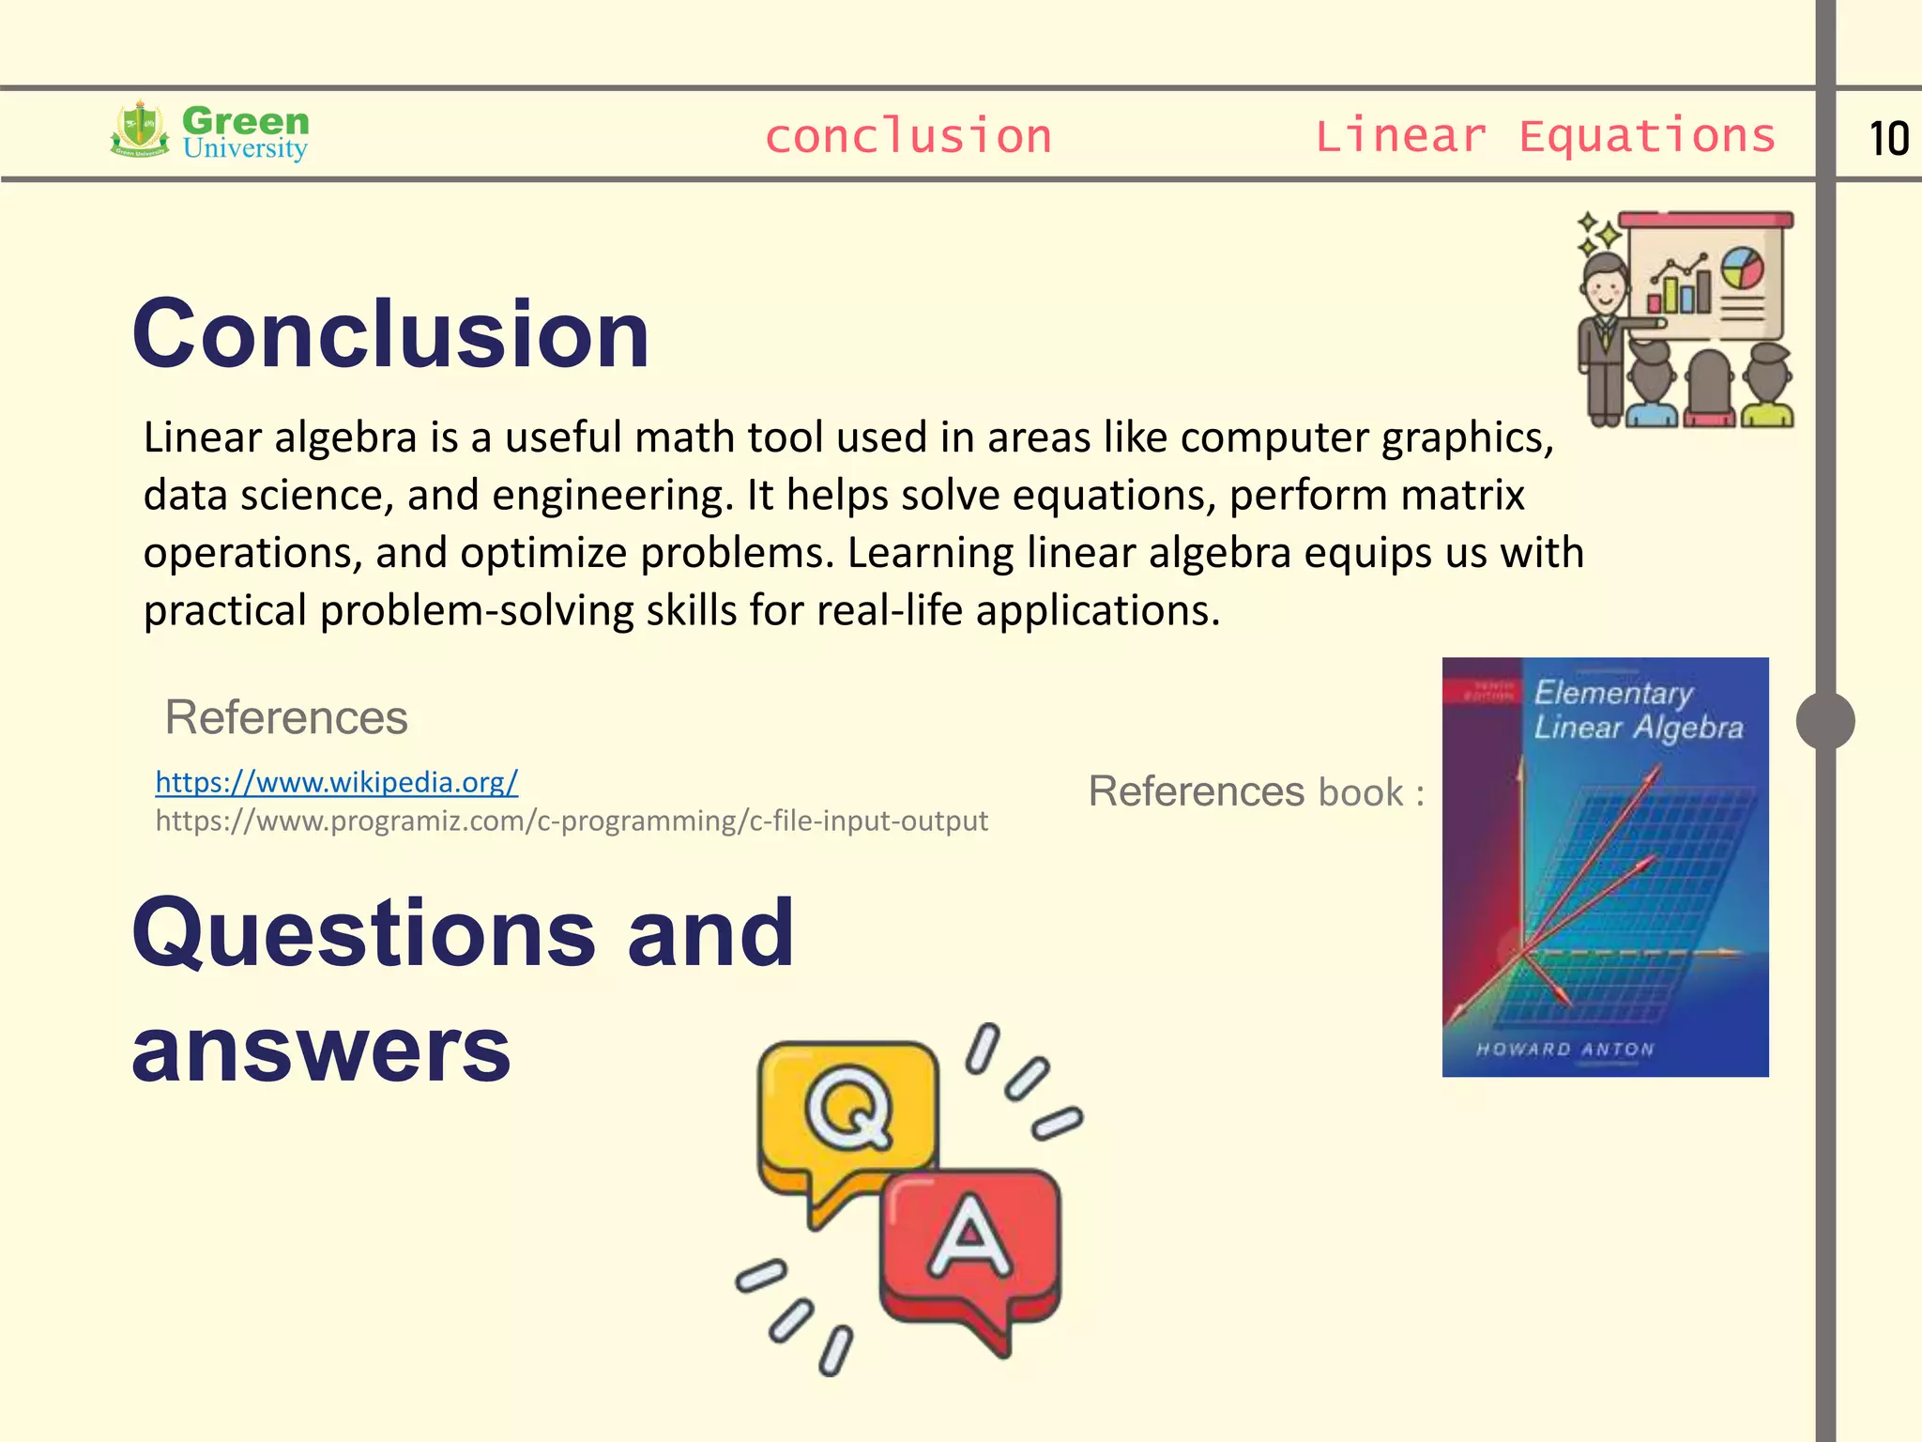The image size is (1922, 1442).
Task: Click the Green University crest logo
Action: [141, 130]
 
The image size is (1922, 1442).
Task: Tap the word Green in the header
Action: [245, 120]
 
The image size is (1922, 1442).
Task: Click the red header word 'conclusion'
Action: [908, 136]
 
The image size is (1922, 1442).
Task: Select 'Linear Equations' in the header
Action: [1545, 136]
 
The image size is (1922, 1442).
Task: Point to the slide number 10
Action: [1888, 139]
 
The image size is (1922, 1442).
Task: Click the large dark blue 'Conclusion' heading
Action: [390, 333]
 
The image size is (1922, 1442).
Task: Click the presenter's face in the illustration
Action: [1606, 289]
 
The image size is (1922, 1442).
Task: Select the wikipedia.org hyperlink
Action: [336, 781]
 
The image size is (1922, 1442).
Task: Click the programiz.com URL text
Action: [571, 821]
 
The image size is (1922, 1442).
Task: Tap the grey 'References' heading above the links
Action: [285, 717]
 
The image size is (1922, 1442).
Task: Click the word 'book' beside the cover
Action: [1361, 792]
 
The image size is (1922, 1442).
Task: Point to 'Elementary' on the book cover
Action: [1613, 693]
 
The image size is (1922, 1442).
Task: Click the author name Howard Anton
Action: [1564, 1049]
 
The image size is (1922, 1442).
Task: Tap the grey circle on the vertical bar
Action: [1824, 721]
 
